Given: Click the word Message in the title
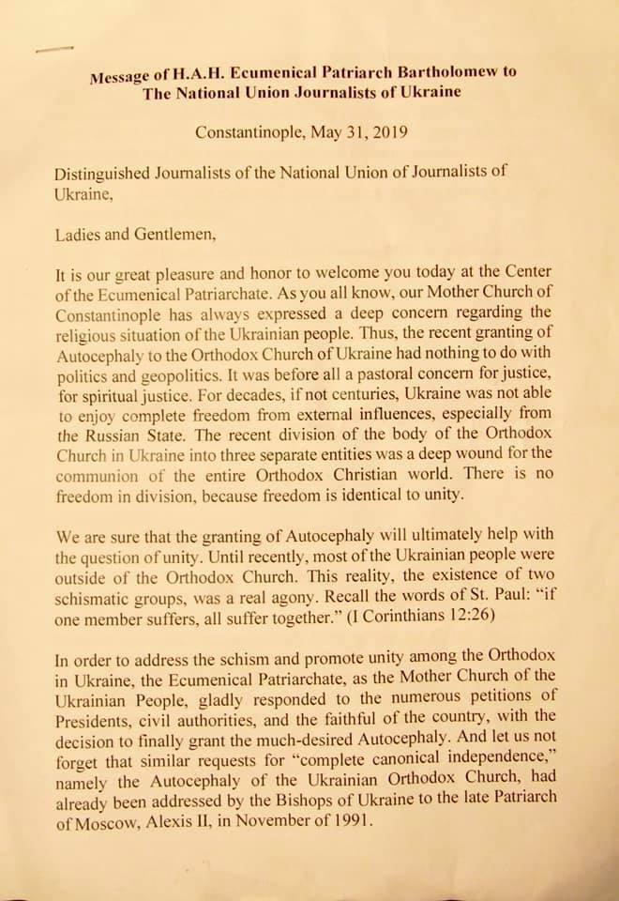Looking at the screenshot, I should [x=117, y=78].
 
